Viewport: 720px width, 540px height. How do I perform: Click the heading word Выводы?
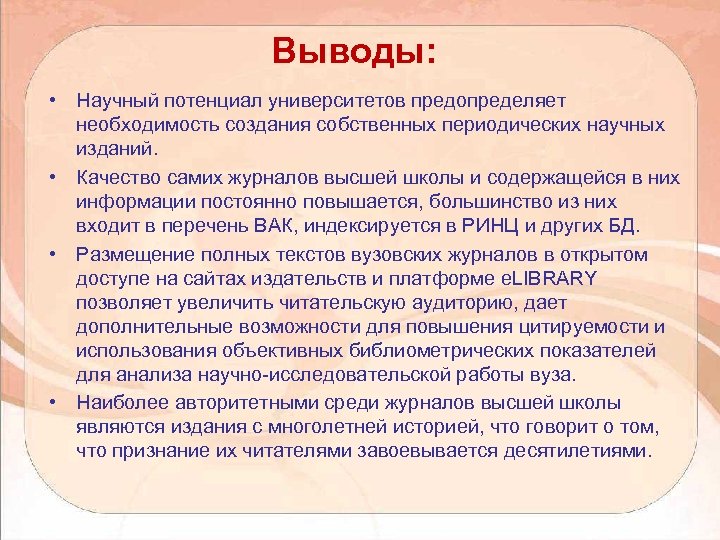pos(352,50)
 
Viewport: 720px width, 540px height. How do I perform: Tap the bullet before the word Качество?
pos(48,177)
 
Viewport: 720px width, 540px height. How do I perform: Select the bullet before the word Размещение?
pos(48,252)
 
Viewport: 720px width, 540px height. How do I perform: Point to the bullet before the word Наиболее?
pos(48,402)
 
